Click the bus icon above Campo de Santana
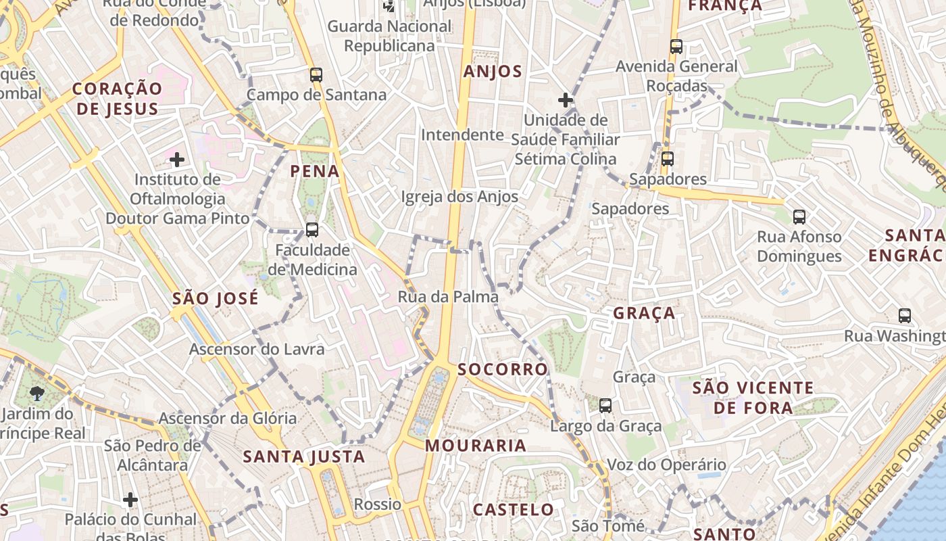coord(316,75)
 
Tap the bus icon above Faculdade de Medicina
coord(312,230)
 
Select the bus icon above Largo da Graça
coord(605,406)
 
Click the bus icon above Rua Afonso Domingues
coord(799,217)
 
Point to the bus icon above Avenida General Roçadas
coord(676,47)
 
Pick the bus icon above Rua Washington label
coord(905,316)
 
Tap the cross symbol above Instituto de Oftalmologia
coord(177,160)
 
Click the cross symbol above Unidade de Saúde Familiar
coord(566,101)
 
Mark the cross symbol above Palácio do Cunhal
coord(130,500)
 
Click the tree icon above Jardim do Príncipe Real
coord(37,394)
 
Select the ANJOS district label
coord(493,72)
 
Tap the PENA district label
coord(315,171)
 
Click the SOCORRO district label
coord(502,369)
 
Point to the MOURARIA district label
coord(476,446)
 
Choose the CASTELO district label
coord(513,509)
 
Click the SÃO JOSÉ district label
coord(216,298)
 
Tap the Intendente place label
coord(463,135)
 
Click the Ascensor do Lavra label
coord(257,350)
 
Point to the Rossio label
coord(378,504)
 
